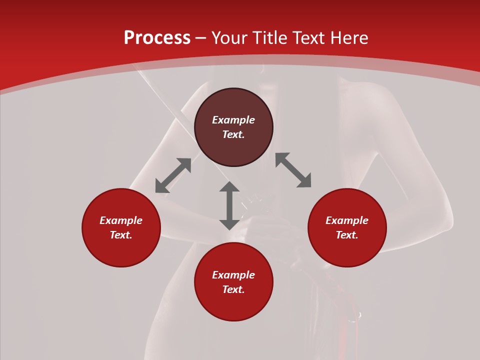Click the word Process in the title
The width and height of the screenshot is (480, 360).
click(x=157, y=38)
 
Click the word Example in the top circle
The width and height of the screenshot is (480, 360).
click(x=233, y=120)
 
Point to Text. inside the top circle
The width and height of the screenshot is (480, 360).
click(x=233, y=134)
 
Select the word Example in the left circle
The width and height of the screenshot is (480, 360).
click(x=121, y=220)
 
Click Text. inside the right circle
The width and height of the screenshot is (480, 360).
click(x=347, y=235)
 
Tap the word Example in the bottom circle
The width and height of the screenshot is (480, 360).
click(x=233, y=275)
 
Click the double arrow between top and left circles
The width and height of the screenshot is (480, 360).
click(x=173, y=175)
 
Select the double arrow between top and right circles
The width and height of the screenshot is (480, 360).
click(x=293, y=170)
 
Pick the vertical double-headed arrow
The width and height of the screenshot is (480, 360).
click(x=229, y=205)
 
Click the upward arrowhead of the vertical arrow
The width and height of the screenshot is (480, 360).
click(x=229, y=187)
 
